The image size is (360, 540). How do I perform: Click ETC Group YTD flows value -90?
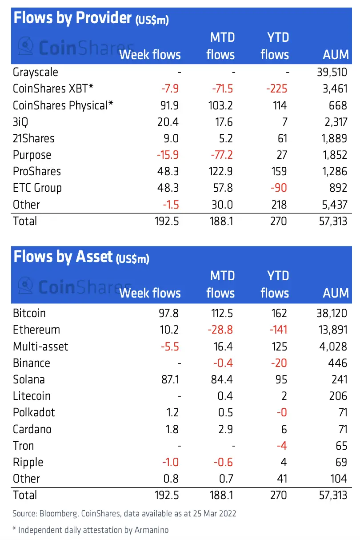[277, 188]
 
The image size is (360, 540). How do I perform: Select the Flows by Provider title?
[73, 18]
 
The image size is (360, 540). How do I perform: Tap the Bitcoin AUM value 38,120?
[329, 313]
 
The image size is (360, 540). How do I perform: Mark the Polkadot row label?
[34, 412]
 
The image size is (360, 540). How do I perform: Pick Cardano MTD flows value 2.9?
[224, 429]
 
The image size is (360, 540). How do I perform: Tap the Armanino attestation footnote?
[91, 530]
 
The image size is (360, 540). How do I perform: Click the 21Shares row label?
[34, 138]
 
